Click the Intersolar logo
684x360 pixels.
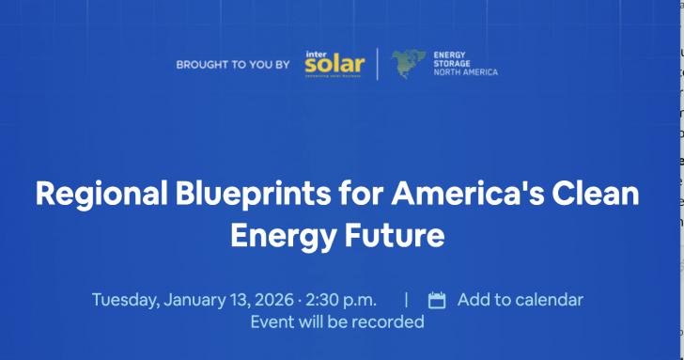pyautogui.click(x=333, y=65)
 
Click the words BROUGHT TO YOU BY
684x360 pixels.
pyautogui.click(x=232, y=66)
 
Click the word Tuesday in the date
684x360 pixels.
pyautogui.click(x=125, y=300)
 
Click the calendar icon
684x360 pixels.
pyautogui.click(x=437, y=301)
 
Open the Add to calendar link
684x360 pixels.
pyautogui.click(x=520, y=300)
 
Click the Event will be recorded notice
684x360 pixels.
pyautogui.click(x=337, y=321)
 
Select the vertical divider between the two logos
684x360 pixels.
pyautogui.click(x=378, y=65)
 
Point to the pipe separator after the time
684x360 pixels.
pyautogui.click(x=406, y=300)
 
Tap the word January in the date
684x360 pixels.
pyautogui.click(x=196, y=300)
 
